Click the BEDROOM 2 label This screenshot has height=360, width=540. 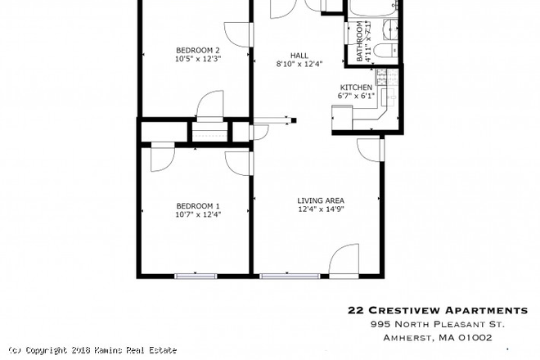coord(199,48)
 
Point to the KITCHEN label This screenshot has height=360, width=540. coord(356,88)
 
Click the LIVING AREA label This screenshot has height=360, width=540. coord(320,200)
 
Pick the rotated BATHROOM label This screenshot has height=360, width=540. coord(359,43)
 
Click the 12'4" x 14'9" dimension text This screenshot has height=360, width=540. coord(320,209)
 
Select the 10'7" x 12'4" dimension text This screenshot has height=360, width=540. coord(198,214)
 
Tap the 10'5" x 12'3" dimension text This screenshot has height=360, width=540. coord(199,58)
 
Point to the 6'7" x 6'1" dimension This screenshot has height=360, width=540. coord(356,97)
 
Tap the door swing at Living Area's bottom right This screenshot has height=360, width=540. coord(344,261)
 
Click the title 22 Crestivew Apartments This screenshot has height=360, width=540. coord(438,310)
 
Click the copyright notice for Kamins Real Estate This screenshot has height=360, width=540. coord(91,350)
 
